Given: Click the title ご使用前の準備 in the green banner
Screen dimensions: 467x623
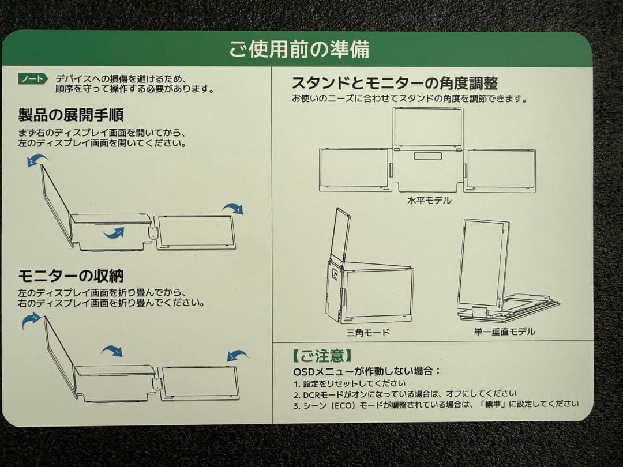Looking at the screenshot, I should tap(299, 50).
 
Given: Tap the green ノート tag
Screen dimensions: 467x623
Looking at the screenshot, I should tap(32, 79).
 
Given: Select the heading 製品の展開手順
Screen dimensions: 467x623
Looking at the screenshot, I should tap(71, 115).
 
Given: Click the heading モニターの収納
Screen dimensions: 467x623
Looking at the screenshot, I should tap(71, 276).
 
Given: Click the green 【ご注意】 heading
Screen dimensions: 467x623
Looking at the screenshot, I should tap(320, 355).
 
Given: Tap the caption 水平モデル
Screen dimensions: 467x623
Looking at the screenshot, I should tap(429, 201).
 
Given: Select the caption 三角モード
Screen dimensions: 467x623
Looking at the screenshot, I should tap(368, 332).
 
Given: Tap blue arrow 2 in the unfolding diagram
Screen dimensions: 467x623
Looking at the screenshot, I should tap(37, 160).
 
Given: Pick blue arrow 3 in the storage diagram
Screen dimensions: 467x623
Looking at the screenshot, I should tap(237, 356).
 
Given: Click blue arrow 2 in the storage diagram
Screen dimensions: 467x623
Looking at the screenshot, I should tap(32, 319).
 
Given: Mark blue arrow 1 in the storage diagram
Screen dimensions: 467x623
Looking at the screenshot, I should tap(112, 351).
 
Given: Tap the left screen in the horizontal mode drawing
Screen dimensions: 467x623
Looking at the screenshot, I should tap(354, 169).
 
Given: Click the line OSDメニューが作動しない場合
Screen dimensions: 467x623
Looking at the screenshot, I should tap(367, 371).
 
